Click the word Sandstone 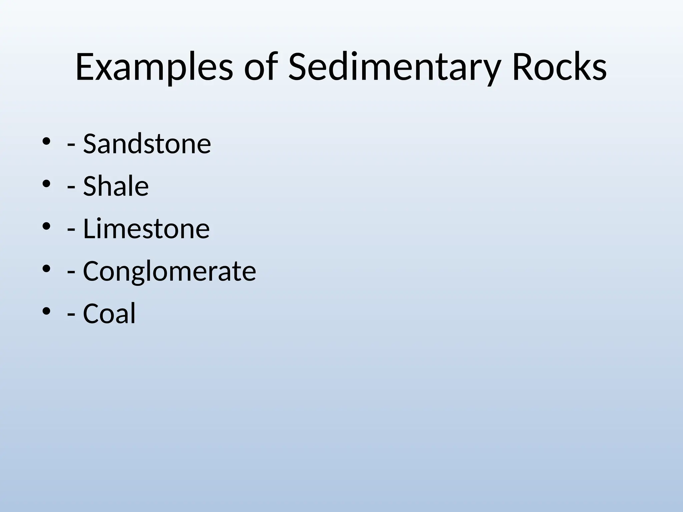click(x=147, y=144)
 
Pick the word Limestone click(x=146, y=229)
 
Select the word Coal click(x=109, y=313)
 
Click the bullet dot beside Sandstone click(x=46, y=142)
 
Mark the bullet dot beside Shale click(x=46, y=184)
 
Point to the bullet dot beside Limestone click(x=46, y=227)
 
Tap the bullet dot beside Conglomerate click(x=46, y=269)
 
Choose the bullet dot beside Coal click(x=46, y=311)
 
